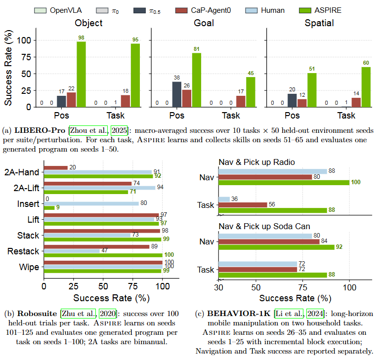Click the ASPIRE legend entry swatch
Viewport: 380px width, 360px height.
305,10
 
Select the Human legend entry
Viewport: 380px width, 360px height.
265,10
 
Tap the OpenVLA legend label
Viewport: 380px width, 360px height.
66,10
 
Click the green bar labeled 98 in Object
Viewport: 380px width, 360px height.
81,75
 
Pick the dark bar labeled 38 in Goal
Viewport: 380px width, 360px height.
177,94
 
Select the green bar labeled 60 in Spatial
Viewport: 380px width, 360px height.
366,87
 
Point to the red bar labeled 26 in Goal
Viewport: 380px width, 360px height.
187,98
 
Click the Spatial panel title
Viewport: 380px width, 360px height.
319,23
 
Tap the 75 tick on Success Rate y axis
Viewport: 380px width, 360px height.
26,57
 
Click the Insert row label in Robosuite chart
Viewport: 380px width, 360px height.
28,204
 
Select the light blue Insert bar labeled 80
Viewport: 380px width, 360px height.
91,204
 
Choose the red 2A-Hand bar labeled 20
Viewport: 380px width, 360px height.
56,168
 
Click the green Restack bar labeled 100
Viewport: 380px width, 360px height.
103,255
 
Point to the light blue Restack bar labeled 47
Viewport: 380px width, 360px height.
72,251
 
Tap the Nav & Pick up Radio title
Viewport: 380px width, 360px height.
256,162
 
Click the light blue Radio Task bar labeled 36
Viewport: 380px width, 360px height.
224,199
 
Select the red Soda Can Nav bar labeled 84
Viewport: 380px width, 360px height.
269,241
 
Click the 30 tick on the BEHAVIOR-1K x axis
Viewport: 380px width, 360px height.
218,287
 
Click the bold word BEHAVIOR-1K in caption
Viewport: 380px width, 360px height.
239,314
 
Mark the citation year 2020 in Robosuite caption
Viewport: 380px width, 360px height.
108,314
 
